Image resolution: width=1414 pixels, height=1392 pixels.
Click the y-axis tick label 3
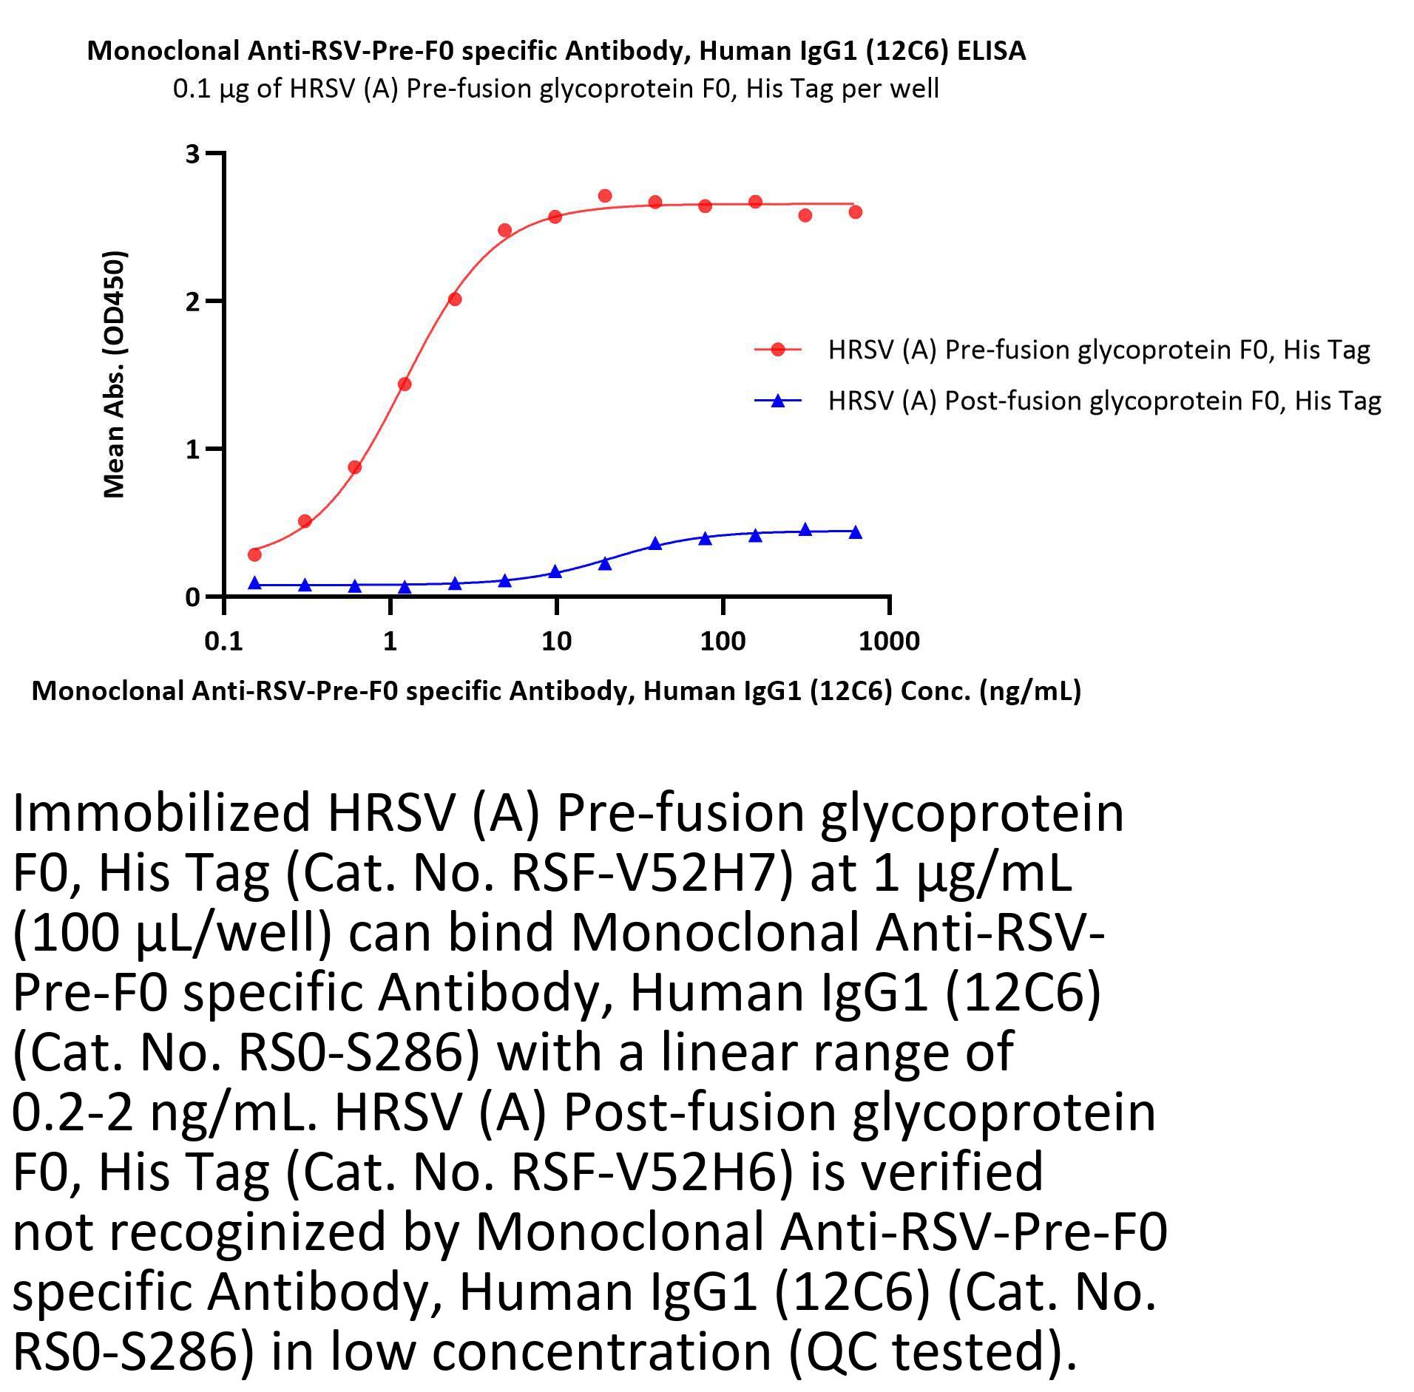coord(192,154)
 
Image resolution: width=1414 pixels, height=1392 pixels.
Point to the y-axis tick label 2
coord(192,301)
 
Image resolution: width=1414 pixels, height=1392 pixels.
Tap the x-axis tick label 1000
coord(889,641)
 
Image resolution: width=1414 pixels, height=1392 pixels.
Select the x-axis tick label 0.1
coord(223,641)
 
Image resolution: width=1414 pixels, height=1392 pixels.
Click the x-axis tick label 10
coord(556,641)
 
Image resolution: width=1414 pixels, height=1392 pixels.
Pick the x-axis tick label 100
coord(723,641)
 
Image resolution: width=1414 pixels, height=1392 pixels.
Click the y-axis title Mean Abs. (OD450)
coord(115,375)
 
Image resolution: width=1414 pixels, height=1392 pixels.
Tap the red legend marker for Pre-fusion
coord(777,350)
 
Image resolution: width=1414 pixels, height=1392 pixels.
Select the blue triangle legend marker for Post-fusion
coord(777,401)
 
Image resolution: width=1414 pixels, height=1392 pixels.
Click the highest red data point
coord(605,196)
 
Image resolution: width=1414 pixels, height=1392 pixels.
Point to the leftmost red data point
coord(254,554)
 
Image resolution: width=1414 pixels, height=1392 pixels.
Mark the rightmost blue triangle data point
coord(856,532)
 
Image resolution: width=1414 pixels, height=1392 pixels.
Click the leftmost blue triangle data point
coord(254,583)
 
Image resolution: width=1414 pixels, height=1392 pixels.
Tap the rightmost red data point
coord(856,212)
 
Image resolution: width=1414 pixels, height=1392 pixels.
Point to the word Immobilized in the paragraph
coord(161,813)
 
